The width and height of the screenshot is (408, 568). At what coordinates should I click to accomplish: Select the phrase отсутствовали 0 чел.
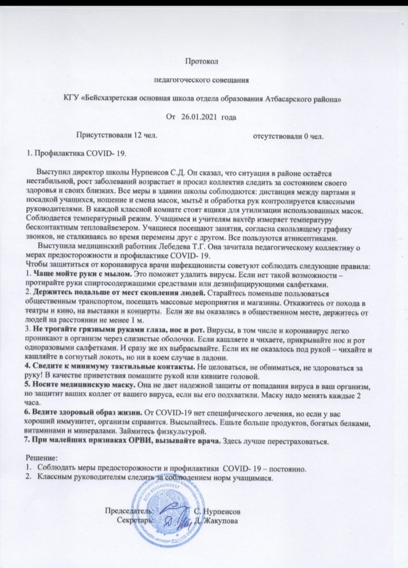288,136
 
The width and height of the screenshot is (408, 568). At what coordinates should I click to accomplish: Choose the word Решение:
44,457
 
